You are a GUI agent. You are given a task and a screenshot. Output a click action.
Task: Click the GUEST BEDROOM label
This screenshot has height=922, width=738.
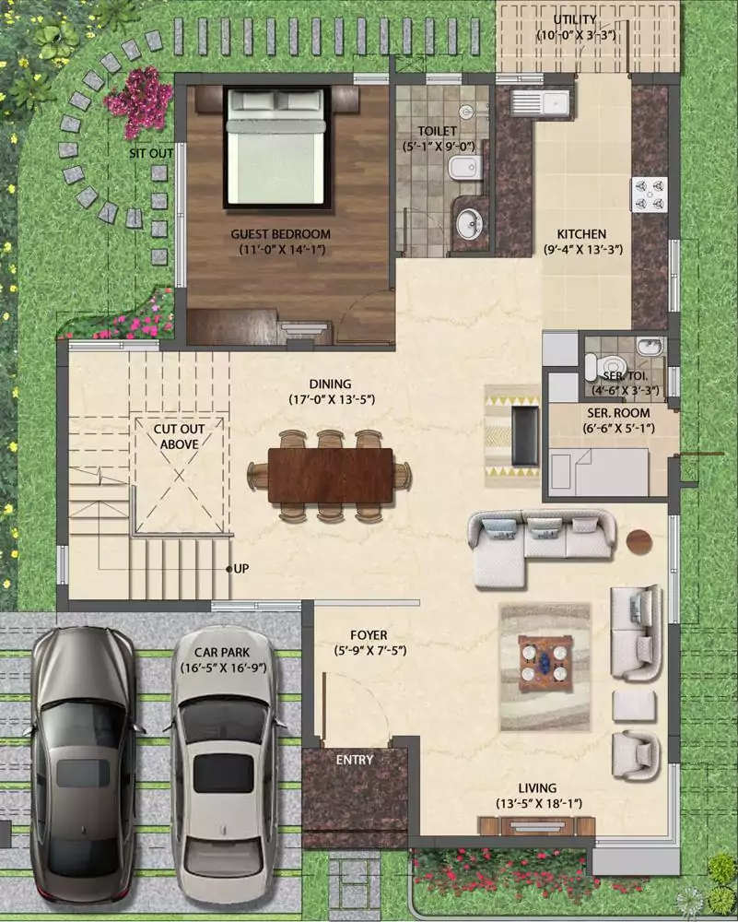tap(280, 234)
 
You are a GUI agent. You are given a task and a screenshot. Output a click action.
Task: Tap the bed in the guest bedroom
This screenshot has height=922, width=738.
tap(275, 147)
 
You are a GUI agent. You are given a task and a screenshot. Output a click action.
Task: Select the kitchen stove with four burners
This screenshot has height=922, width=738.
tap(650, 195)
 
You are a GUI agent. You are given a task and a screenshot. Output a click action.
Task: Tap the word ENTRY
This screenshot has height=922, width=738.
tap(355, 760)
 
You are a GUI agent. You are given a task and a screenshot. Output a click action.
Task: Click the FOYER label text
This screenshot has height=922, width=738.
tap(369, 635)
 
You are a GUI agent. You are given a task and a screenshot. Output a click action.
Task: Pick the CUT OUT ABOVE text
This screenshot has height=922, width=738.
tap(180, 436)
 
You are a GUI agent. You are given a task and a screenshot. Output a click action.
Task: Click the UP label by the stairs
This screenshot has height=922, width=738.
tap(240, 569)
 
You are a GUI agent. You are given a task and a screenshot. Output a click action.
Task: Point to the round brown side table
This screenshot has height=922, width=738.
tap(639, 541)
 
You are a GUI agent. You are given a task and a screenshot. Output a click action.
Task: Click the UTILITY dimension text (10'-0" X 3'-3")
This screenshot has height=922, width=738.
tap(576, 35)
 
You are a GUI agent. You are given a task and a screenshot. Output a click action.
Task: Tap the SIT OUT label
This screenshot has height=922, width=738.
tap(152, 153)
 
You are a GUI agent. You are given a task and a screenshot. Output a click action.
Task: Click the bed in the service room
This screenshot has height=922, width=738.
tap(598, 471)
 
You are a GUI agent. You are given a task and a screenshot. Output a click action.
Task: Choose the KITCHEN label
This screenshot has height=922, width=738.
tap(581, 234)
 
